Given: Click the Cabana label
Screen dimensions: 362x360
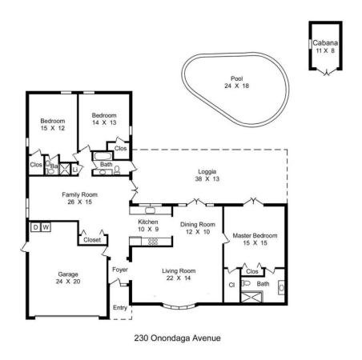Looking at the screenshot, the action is coord(325,42).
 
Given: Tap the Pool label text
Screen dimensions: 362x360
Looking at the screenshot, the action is coord(237,78).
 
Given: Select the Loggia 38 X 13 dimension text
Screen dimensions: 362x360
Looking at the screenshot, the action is coord(207,179).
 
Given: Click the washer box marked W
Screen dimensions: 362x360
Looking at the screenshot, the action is coord(46,227).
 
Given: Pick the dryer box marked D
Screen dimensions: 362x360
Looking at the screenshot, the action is coord(36,227).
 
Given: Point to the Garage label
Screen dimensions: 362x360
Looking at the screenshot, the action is coord(68,274).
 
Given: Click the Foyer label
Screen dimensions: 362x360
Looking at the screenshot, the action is coord(120,270).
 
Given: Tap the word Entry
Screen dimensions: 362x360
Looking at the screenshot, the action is coord(120,307).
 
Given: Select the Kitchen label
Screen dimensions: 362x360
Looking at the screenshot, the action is coord(148,222).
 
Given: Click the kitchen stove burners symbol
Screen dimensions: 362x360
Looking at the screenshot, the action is coord(153,242).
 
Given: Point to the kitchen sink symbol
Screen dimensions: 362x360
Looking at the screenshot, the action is coord(151,210).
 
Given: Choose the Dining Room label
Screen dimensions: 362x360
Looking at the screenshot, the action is coord(198,225).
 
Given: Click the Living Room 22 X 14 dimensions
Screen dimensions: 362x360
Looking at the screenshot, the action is coord(179,278).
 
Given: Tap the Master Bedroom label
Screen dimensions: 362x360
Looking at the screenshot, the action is coord(255,236).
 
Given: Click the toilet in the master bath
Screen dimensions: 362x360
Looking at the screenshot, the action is coord(246,283).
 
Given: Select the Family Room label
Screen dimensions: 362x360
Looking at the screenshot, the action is coord(79,194).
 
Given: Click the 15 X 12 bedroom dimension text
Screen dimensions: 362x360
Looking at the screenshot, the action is coord(53,128).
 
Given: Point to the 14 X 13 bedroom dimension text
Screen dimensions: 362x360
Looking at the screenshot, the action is coord(104,122).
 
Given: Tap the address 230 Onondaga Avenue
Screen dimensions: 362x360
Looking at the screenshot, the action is coord(177,338).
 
